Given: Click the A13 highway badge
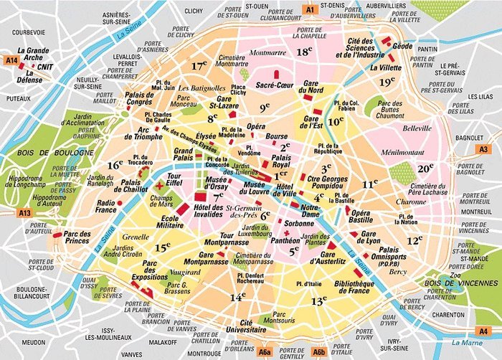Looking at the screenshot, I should coord(26,213).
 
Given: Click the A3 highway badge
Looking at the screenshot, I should coord(483,148).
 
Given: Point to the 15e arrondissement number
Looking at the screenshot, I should coord(162,247).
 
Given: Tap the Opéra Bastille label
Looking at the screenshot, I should coord(361,217).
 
